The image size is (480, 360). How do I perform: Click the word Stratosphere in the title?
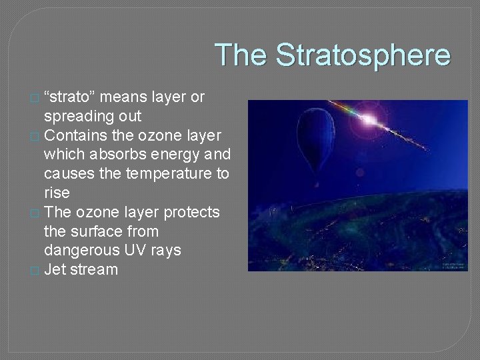coord(363,55)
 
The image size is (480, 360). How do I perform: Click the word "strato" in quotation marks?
coord(71,97)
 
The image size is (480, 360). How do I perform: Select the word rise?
coord(57,193)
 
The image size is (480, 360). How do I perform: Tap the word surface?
coord(94,232)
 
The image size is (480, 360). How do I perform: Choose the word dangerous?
coord(81,251)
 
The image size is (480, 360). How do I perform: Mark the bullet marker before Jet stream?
coord(35,271)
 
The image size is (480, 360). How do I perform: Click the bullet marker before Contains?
coord(35,136)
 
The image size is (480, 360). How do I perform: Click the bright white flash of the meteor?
coord(368,120)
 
